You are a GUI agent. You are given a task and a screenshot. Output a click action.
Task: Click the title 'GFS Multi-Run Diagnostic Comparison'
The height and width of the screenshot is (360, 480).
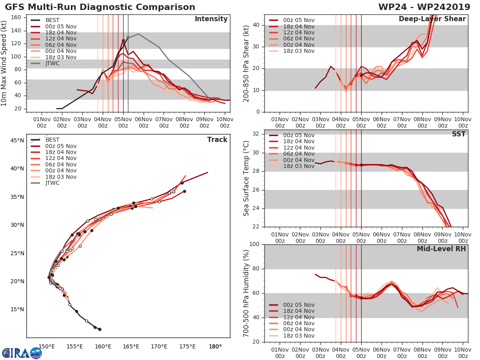click(100, 7)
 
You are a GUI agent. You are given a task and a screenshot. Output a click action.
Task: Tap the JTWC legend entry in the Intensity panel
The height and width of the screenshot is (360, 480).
click(52, 64)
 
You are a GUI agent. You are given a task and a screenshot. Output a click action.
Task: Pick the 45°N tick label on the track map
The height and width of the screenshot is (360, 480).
click(17, 140)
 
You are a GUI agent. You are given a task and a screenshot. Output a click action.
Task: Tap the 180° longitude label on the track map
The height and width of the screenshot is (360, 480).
click(215, 346)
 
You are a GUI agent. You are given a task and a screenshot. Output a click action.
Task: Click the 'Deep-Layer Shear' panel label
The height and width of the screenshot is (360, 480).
click(432, 19)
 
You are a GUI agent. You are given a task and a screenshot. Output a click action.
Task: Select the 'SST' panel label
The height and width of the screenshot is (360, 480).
click(459, 134)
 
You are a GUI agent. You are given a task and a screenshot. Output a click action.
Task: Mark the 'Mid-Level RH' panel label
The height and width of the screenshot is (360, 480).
click(441, 249)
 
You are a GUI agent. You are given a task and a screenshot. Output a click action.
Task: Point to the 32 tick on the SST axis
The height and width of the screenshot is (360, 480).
click(258, 134)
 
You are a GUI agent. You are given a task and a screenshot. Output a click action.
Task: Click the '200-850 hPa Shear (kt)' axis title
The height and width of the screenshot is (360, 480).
click(246, 63)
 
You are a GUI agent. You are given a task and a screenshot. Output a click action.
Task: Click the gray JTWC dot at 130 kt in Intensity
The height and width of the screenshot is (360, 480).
click(128, 37)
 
